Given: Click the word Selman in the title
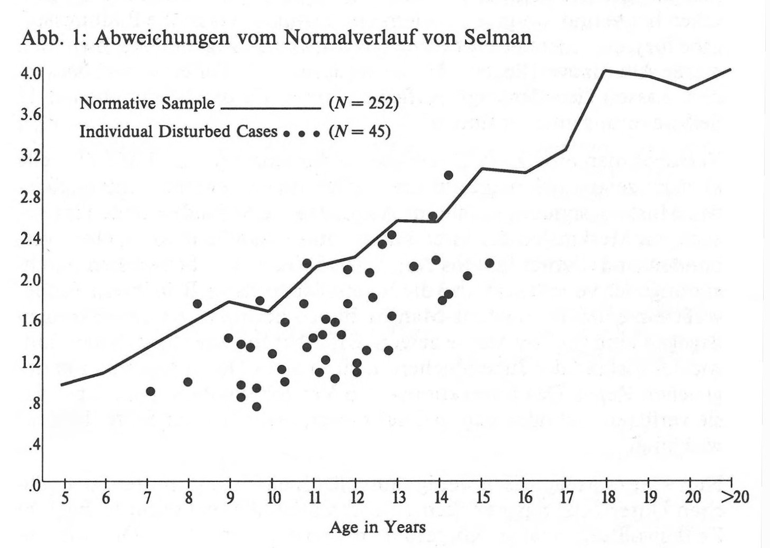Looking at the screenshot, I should pyautogui.click(x=498, y=38).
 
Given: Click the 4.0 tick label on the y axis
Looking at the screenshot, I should pyautogui.click(x=30, y=73).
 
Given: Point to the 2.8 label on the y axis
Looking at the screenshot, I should pyautogui.click(x=30, y=197).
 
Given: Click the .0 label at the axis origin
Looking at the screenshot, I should pyautogui.click(x=34, y=486).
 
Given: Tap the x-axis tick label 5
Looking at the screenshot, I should pyautogui.click(x=65, y=498).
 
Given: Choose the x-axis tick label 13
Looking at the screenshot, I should pyautogui.click(x=398, y=498).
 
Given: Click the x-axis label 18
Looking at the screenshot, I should pyautogui.click(x=608, y=498).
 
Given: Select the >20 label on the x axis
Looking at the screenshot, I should pyautogui.click(x=734, y=498).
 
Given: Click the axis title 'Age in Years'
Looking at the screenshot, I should pyautogui.click(x=377, y=527).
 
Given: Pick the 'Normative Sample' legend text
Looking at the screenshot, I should pyautogui.click(x=147, y=103).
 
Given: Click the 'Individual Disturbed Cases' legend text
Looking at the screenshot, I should pyautogui.click(x=178, y=131).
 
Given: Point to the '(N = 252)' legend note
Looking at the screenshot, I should pyautogui.click(x=363, y=103).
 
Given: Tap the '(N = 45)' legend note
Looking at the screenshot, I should pyautogui.click(x=360, y=131).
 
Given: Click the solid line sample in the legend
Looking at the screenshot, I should pyautogui.click(x=270, y=109).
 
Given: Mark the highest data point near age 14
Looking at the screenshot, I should pyautogui.click(x=448, y=175).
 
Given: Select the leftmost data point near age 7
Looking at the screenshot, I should pyautogui.click(x=150, y=391).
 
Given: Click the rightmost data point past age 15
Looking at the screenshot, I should pyautogui.click(x=489, y=263).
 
